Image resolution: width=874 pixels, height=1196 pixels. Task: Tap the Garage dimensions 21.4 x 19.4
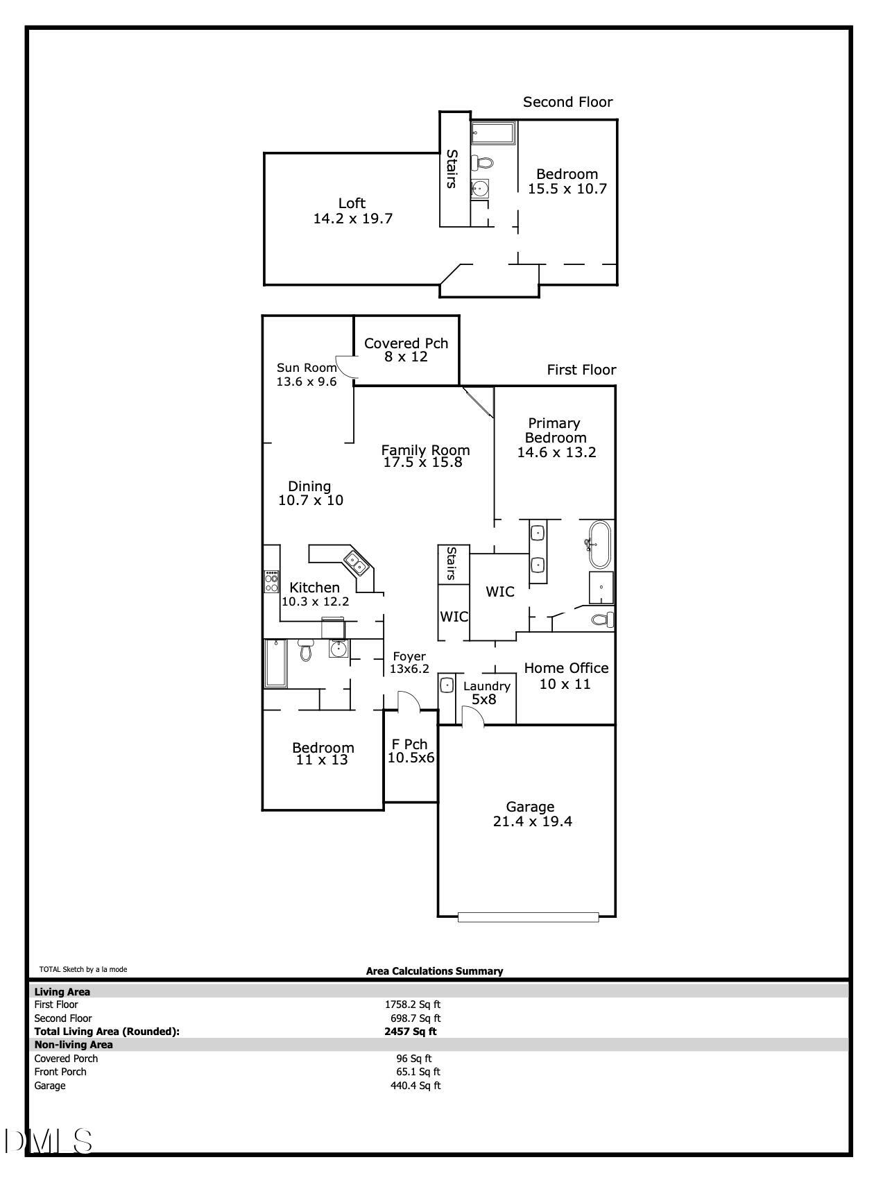[x=532, y=822]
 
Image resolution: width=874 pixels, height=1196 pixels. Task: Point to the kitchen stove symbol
[x=271, y=581]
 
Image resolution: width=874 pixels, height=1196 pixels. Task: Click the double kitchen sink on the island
[x=357, y=563]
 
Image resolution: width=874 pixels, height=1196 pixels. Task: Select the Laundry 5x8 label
[x=486, y=692]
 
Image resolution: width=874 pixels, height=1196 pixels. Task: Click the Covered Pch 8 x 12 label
[x=406, y=350]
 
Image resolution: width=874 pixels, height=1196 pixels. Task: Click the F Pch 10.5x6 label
[x=411, y=751]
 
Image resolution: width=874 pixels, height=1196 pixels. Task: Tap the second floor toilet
[x=483, y=163]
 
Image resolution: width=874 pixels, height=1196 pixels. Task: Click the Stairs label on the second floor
[x=452, y=169]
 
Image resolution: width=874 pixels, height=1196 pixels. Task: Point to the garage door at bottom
[x=528, y=917]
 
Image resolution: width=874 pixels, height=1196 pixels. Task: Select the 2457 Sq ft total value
[x=411, y=1032]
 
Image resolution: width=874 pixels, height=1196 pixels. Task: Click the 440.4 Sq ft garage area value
[x=415, y=1086]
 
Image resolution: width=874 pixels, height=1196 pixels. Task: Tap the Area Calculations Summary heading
[x=434, y=971]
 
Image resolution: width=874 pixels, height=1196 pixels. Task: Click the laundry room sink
[x=447, y=685]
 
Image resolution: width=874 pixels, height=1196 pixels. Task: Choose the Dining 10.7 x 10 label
[x=310, y=493]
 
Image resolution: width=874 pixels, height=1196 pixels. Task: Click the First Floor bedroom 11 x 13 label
[x=323, y=753]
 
